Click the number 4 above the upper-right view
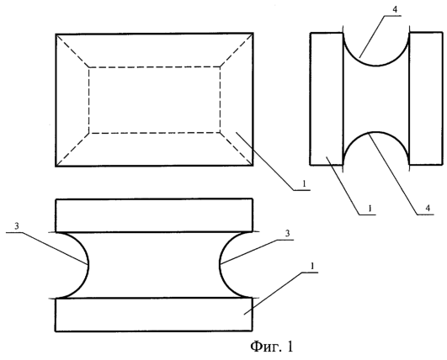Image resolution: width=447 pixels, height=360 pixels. (x=395, y=9)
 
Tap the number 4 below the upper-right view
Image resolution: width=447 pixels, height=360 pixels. (x=428, y=209)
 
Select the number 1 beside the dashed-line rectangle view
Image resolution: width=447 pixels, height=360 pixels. (x=304, y=183)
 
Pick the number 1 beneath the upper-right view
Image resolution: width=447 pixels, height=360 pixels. (x=370, y=209)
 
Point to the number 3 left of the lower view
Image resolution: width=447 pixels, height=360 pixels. (x=17, y=226)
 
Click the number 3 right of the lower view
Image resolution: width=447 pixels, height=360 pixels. (x=287, y=233)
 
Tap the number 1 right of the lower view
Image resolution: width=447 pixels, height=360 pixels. (x=312, y=267)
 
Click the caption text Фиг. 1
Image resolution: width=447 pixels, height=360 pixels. (x=272, y=347)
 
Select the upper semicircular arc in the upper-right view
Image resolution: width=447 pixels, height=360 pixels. (x=376, y=66)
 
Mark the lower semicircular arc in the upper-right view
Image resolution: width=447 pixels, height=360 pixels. (x=376, y=132)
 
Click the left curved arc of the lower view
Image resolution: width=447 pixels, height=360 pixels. (x=88, y=265)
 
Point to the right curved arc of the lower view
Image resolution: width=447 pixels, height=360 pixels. (x=220, y=265)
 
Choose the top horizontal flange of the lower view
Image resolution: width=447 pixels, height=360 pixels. (x=154, y=215)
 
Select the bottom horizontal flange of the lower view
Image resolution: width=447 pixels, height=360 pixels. (x=154, y=315)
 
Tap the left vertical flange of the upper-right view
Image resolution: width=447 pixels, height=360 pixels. (x=327, y=98)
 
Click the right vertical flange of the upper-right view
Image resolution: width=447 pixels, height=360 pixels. (x=426, y=98)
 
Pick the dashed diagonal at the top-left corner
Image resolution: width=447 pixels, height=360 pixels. (x=72, y=51)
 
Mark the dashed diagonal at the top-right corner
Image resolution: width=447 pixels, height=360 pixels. (x=237, y=50)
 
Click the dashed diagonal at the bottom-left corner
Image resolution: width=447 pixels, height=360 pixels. (x=72, y=149)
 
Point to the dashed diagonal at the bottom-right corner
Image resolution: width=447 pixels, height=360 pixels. (x=237, y=149)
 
